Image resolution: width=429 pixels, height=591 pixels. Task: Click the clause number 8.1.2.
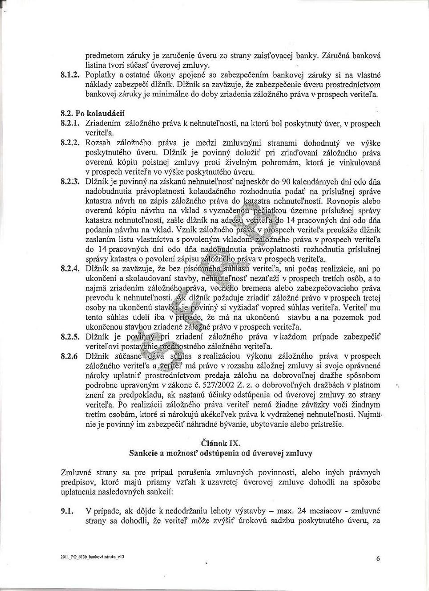coord(70,75)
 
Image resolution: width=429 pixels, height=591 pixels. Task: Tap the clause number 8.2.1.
coord(70,124)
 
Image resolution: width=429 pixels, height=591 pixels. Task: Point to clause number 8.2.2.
coord(70,143)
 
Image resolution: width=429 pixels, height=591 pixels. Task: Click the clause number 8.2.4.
coord(70,269)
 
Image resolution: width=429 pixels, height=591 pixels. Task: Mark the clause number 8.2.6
coord(69,356)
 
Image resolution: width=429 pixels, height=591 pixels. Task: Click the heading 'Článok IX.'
coord(221,443)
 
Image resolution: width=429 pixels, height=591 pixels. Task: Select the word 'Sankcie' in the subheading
coord(146,453)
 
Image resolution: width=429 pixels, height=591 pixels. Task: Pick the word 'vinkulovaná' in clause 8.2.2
coord(360,163)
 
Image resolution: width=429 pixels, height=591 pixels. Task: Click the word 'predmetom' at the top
coord(104,56)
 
